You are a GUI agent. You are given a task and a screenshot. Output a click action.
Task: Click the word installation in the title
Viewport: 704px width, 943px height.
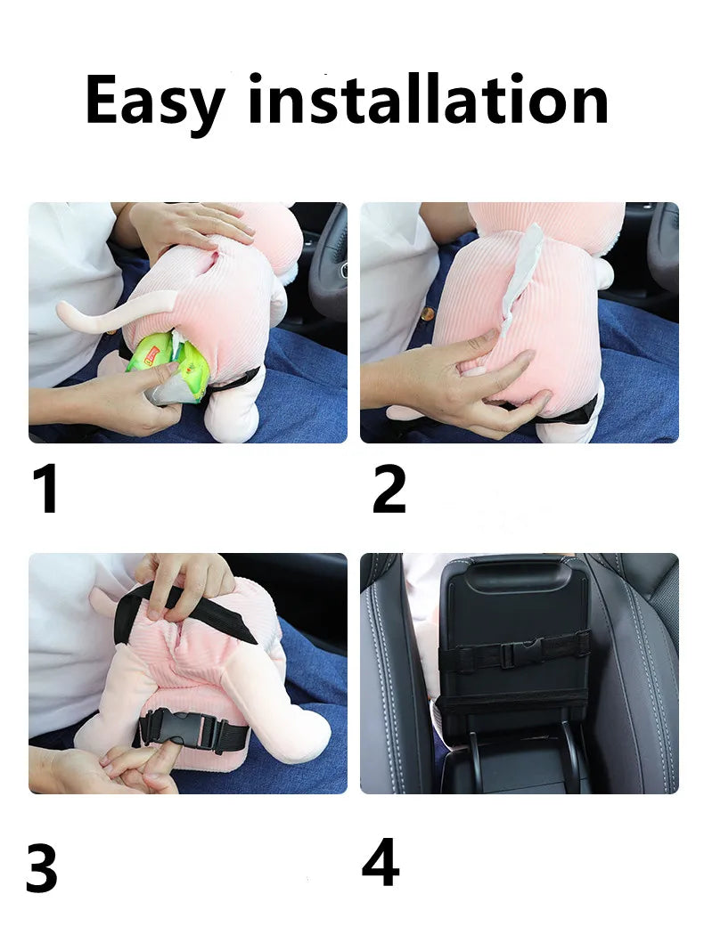coord(428,99)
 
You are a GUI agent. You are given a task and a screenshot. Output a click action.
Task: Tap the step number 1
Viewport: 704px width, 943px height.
coord(46,488)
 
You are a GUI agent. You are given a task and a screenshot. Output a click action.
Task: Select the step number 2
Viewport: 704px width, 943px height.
coord(389,489)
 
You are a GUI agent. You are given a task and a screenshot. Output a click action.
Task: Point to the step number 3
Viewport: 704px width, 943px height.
coord(42,867)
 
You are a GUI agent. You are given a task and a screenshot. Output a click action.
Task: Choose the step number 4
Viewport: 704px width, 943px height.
coord(381,862)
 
